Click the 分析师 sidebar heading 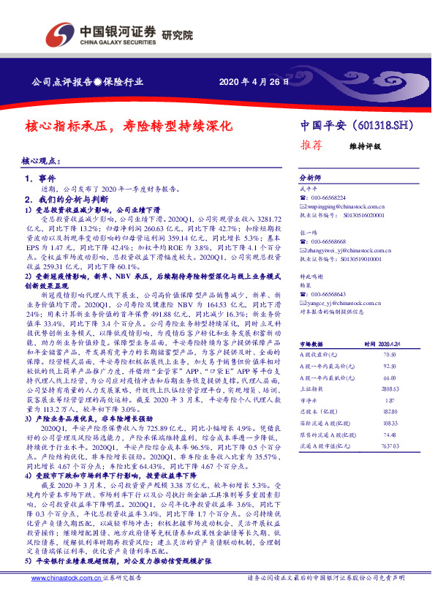tap(310, 178)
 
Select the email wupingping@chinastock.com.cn tap(341, 206)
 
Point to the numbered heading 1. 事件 tap(40, 178)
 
